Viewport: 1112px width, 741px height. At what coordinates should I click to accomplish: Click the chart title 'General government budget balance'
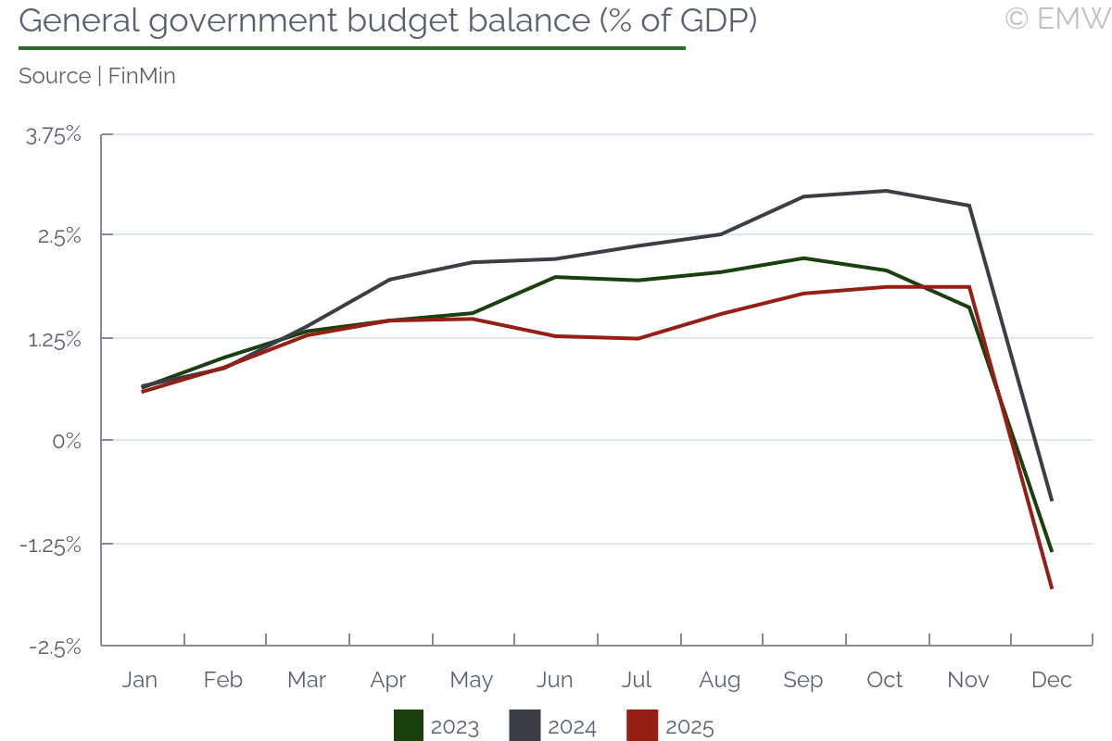(387, 21)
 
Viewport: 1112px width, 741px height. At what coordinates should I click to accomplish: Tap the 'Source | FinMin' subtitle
(97, 76)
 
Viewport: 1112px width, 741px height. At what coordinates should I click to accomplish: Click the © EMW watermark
(1056, 19)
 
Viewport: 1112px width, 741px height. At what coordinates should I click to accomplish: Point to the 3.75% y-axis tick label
(55, 135)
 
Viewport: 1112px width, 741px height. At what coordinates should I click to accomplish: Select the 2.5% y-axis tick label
(60, 236)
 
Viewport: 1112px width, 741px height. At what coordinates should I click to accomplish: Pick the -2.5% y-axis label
(55, 647)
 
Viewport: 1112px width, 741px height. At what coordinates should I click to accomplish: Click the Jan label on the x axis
(140, 680)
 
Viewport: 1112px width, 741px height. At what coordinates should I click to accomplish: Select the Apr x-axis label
(388, 680)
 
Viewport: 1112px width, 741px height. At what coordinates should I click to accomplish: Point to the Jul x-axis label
(637, 680)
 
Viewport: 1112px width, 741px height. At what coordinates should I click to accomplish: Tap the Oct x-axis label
(885, 680)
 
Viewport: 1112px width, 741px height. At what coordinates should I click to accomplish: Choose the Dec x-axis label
(1052, 680)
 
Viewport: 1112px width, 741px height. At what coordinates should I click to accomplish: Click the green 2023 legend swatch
(409, 726)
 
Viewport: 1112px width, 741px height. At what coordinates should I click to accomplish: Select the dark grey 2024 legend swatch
(524, 726)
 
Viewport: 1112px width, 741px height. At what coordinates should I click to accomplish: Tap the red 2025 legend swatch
(642, 726)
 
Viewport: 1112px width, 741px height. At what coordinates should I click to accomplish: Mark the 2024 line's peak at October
(887, 191)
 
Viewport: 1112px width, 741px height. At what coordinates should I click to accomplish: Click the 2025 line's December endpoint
(1052, 587)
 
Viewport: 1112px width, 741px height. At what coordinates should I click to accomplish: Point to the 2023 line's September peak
(803, 258)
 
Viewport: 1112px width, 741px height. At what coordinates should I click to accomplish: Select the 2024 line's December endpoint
(1052, 500)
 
